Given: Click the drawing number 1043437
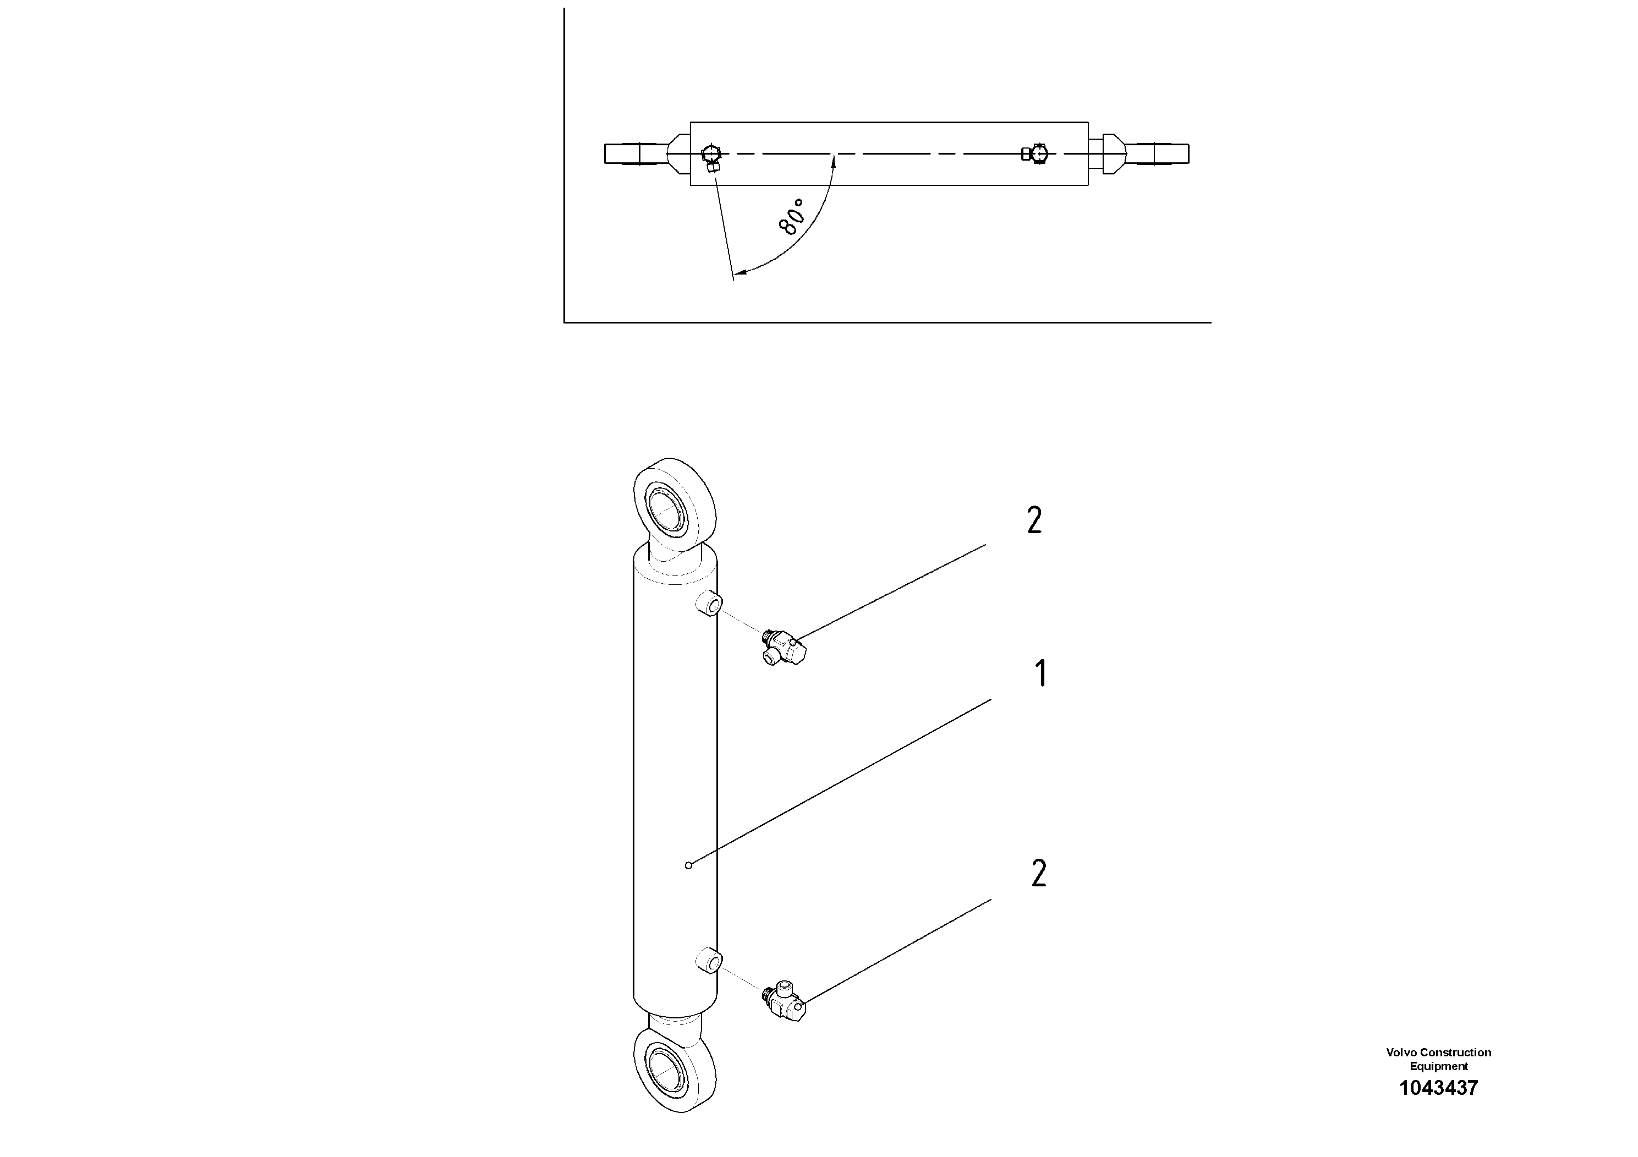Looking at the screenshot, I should coord(1438,1088).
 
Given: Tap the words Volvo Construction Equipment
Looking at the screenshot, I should coord(1438,1059).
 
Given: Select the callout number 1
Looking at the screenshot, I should coord(1041,673).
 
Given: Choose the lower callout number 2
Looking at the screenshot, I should coord(1039,874).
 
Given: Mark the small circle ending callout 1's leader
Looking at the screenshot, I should coord(688,865).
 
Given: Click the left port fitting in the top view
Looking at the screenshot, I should coord(711,158).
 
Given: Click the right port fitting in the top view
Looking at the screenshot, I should coord(1036,153).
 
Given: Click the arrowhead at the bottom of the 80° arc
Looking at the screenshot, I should coord(739,272).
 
